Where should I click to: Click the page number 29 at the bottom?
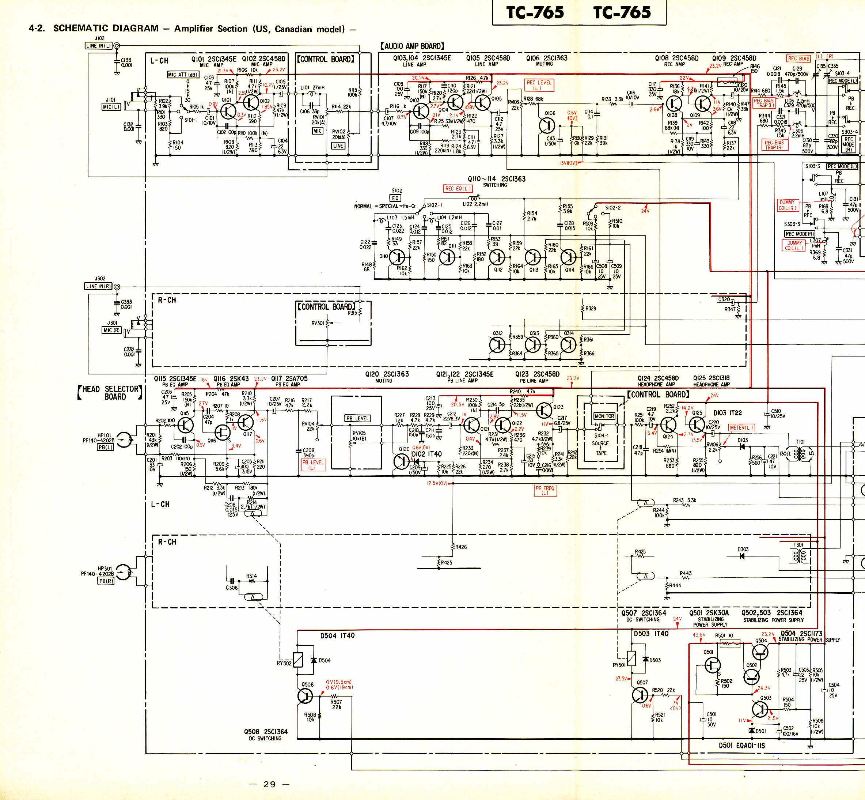click(x=269, y=784)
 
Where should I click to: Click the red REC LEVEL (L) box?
click(x=539, y=85)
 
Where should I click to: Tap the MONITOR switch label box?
click(x=604, y=416)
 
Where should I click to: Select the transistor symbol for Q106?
click(x=548, y=126)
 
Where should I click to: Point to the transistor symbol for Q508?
click(x=306, y=696)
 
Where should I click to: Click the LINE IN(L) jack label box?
click(x=99, y=45)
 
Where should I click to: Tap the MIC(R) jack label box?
click(x=111, y=330)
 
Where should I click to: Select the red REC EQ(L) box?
click(x=458, y=188)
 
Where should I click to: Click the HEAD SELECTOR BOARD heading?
click(x=110, y=392)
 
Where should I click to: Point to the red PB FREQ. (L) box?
click(x=545, y=490)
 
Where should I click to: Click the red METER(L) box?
click(x=742, y=428)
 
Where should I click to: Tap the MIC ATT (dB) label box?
click(x=183, y=75)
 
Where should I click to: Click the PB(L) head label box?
click(x=106, y=447)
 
